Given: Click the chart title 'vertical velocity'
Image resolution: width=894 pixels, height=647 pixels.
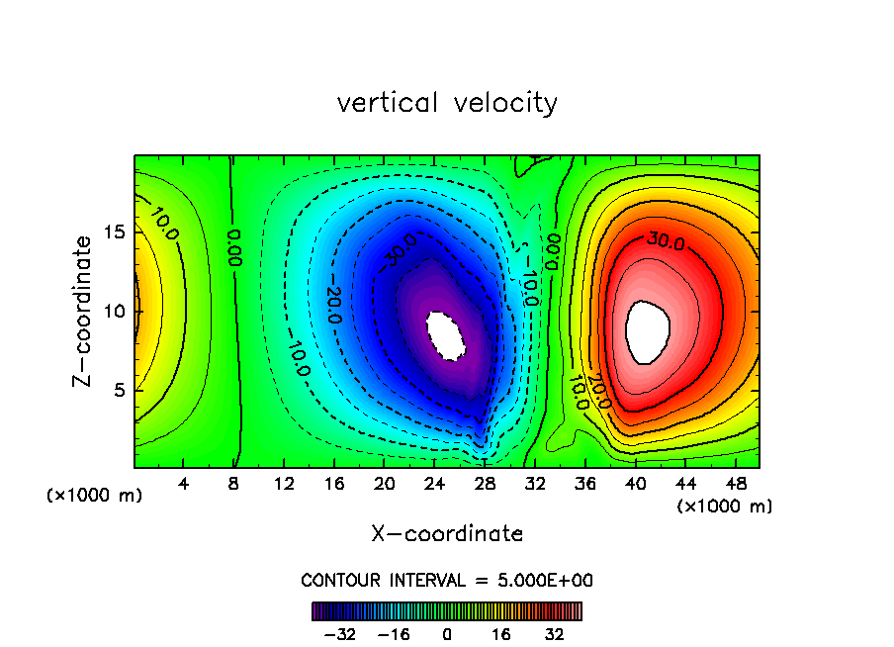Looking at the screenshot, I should click(x=447, y=103).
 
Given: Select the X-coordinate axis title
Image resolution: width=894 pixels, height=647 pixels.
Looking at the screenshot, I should click(x=447, y=534).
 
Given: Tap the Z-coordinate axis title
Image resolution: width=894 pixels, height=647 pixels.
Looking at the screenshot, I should click(x=85, y=311).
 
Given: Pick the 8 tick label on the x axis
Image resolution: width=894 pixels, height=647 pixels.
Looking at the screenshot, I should click(x=234, y=486).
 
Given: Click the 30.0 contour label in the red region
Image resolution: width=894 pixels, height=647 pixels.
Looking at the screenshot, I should click(x=666, y=240).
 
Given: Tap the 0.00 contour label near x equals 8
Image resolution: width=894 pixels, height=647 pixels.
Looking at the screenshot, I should click(x=234, y=247).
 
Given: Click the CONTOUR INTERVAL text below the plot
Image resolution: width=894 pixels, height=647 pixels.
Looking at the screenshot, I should click(x=447, y=580).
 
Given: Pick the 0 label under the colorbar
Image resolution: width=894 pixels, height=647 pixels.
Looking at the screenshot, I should click(x=447, y=633).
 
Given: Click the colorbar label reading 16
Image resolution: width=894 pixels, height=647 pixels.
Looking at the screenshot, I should click(x=500, y=633).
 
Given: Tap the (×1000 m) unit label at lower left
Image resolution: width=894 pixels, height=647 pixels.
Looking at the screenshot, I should click(x=95, y=496).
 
